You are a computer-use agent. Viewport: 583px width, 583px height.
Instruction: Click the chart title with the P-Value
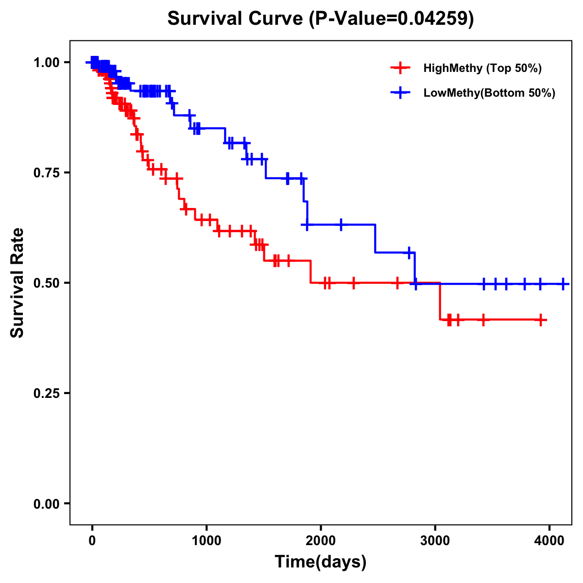tap(321, 18)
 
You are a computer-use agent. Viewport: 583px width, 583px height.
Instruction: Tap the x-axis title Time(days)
tap(321, 562)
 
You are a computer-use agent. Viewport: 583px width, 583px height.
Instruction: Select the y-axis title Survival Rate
tap(17, 282)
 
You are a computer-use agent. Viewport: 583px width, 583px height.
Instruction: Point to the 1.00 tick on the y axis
tap(46, 62)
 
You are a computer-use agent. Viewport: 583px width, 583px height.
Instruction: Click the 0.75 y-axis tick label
tap(46, 172)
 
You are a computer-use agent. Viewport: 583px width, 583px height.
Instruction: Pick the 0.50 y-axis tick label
tap(46, 283)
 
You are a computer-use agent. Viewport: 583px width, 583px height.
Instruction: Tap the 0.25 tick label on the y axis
tap(46, 393)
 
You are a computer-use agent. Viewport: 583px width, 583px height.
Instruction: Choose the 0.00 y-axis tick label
tap(46, 503)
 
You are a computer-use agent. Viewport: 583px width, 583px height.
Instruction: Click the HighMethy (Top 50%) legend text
tap(482, 68)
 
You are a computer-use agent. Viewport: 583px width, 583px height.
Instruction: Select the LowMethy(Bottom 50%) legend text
tap(489, 93)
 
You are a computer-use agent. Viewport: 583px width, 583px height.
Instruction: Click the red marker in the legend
tap(400, 68)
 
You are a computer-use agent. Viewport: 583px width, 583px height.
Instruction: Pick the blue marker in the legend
tap(400, 93)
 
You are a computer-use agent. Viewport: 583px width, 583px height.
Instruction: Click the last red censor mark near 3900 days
tap(541, 320)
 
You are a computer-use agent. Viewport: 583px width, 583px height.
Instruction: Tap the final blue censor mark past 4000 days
tap(563, 284)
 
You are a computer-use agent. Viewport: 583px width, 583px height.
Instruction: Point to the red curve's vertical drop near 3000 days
tap(440, 301)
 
